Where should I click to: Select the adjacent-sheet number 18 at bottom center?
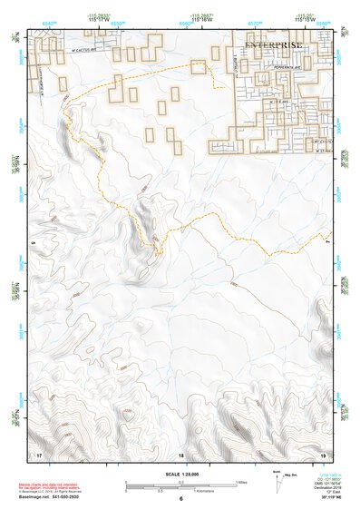pos(180,454)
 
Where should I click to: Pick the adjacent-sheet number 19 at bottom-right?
pos(322,453)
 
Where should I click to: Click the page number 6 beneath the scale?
pos(180,498)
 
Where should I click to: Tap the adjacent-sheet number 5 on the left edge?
pos(32,242)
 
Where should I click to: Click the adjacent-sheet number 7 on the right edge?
pos(328,242)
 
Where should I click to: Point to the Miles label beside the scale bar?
pos(241,482)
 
